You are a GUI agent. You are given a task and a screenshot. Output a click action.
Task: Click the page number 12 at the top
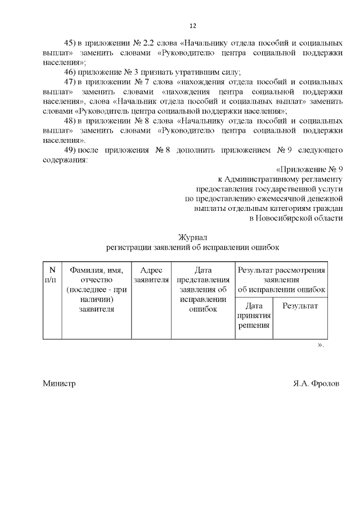pyautogui.click(x=192, y=26)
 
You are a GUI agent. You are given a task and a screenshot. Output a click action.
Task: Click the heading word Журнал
pyautogui.click(x=192, y=237)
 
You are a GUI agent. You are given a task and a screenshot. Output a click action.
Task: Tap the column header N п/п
pyautogui.click(x=52, y=274)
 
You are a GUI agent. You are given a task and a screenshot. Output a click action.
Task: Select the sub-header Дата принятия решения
pyautogui.click(x=254, y=316)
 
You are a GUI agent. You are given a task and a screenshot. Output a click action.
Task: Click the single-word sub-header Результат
pyautogui.click(x=300, y=306)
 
